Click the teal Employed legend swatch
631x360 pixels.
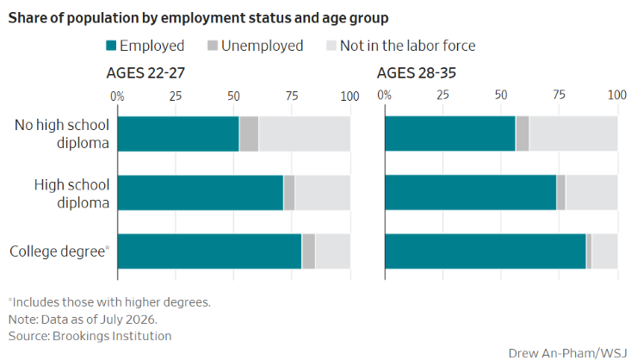pos(111,46)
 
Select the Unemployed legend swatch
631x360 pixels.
pos(213,46)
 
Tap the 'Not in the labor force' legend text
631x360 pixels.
pos(408,46)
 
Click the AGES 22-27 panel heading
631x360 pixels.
pos(145,73)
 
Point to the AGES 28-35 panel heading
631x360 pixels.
pos(417,73)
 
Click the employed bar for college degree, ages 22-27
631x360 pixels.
pos(210,251)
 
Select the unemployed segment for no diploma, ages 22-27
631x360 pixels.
pos(249,133)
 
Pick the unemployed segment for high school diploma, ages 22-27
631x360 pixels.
pos(289,192)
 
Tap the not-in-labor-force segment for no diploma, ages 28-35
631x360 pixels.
pos(573,133)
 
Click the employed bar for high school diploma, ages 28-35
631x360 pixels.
pos(471,192)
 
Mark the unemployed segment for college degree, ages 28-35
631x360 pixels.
pos(589,251)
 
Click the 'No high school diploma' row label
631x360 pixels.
pos(62,133)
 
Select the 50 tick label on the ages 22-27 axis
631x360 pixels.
pos(233,96)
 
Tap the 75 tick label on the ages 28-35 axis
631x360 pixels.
pos(559,95)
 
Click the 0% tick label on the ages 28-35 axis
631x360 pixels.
pos(384,95)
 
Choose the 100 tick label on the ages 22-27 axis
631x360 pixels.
pos(350,96)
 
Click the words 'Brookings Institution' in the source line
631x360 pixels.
pos(112,336)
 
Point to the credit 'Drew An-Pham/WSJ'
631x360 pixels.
pos(567,353)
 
